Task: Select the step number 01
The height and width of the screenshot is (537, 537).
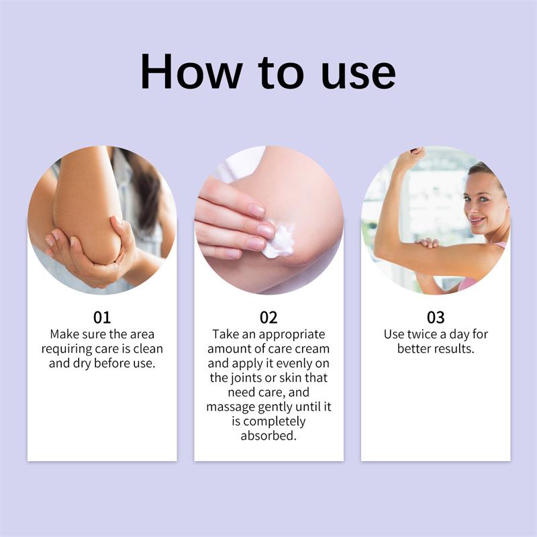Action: click(102, 318)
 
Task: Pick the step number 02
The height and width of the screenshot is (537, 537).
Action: click(268, 318)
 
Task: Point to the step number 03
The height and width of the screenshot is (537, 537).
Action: click(436, 318)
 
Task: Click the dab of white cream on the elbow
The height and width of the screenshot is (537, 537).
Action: click(279, 241)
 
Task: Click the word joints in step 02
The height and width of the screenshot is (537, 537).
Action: click(249, 378)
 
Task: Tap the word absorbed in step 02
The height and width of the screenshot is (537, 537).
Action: click(268, 436)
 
